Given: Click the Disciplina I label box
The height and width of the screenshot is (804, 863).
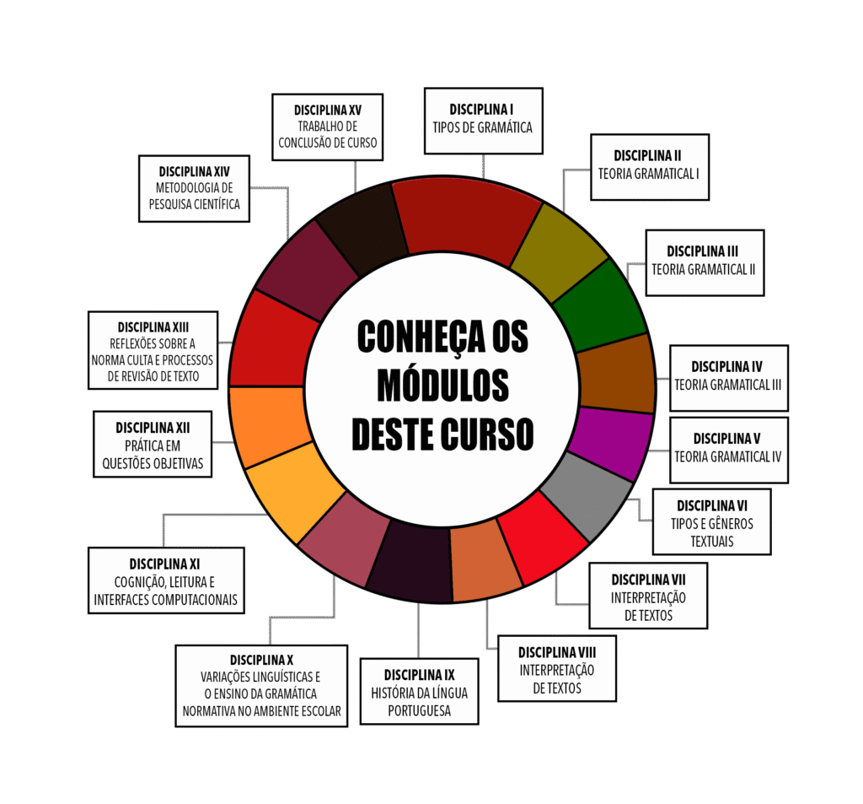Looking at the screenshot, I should [483, 120].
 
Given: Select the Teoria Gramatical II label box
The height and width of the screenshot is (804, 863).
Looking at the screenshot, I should [705, 262].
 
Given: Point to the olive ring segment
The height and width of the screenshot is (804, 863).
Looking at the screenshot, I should [558, 250].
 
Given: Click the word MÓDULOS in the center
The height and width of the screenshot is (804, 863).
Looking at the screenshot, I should [442, 386].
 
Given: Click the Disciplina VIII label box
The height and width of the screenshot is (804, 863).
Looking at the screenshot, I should [556, 669].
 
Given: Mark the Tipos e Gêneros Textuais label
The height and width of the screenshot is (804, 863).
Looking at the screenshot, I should [711, 522].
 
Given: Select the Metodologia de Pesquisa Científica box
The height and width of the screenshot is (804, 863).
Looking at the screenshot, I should [194, 188].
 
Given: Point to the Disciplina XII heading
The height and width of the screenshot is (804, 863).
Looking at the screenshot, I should [153, 428].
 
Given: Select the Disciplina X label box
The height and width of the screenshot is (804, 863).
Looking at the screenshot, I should [261, 685].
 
